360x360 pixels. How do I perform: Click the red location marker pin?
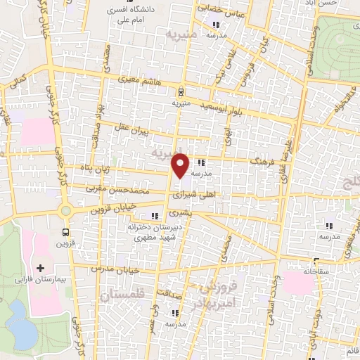tap(181, 165)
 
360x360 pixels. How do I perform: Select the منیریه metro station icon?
tap(181, 91)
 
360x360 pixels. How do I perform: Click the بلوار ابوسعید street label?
tap(224, 104)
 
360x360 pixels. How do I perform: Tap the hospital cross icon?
tap(40, 268)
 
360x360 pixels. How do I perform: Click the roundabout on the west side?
tap(65, 210)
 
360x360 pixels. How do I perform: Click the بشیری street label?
tap(181, 212)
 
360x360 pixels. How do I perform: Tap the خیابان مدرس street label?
tap(116, 269)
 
